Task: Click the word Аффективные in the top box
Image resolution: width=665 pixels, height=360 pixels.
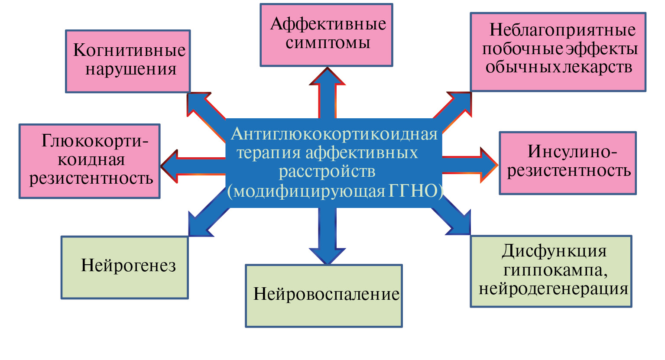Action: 328,24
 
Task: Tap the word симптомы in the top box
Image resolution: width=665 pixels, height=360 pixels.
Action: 328,43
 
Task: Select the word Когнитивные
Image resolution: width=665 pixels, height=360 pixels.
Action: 129,50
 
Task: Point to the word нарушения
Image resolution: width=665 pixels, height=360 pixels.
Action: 131,69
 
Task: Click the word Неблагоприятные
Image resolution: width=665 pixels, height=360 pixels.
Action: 562,30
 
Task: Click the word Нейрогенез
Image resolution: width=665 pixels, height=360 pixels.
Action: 128,265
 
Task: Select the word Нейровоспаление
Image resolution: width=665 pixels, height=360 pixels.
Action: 326,294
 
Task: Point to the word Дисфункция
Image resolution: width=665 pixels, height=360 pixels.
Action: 554,251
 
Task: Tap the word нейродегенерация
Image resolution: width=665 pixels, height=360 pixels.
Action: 553,289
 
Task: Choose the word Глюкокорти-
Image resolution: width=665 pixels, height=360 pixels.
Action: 95,141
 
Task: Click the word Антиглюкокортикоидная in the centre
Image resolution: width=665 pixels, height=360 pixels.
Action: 334,134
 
